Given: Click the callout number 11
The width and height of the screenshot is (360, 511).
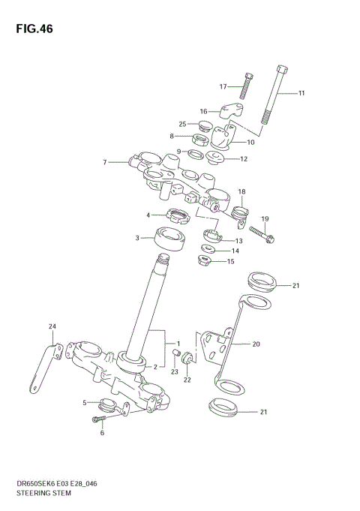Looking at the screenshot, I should [x=301, y=94].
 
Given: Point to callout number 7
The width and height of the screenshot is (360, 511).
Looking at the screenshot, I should [x=106, y=161].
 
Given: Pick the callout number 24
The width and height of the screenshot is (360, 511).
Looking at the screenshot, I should [x=52, y=326].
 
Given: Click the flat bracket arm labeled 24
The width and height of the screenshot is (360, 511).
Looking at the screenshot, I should [x=46, y=368].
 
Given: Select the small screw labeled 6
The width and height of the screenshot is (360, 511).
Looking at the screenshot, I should [x=100, y=419].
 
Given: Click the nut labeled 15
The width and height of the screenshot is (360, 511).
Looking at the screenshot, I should [x=203, y=261].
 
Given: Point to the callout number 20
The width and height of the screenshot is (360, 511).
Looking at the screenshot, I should [x=256, y=344].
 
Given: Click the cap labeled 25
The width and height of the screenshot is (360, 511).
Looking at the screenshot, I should [x=205, y=125].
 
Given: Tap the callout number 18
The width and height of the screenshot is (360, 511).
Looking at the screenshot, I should [x=241, y=192].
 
